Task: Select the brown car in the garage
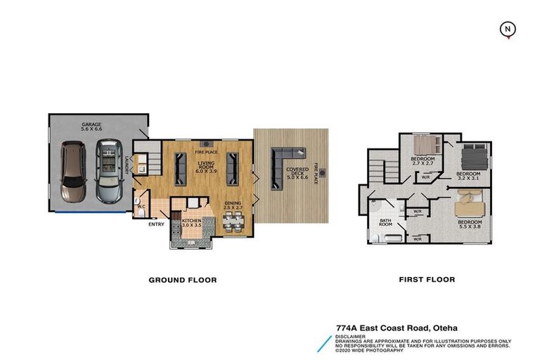coord(73,171)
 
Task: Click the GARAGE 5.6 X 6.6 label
coord(91,126)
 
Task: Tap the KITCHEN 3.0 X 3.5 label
coord(191,224)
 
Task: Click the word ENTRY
coord(156,225)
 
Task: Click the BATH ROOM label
coord(386,225)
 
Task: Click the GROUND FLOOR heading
coord(182,280)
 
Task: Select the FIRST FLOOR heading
coord(426,280)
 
